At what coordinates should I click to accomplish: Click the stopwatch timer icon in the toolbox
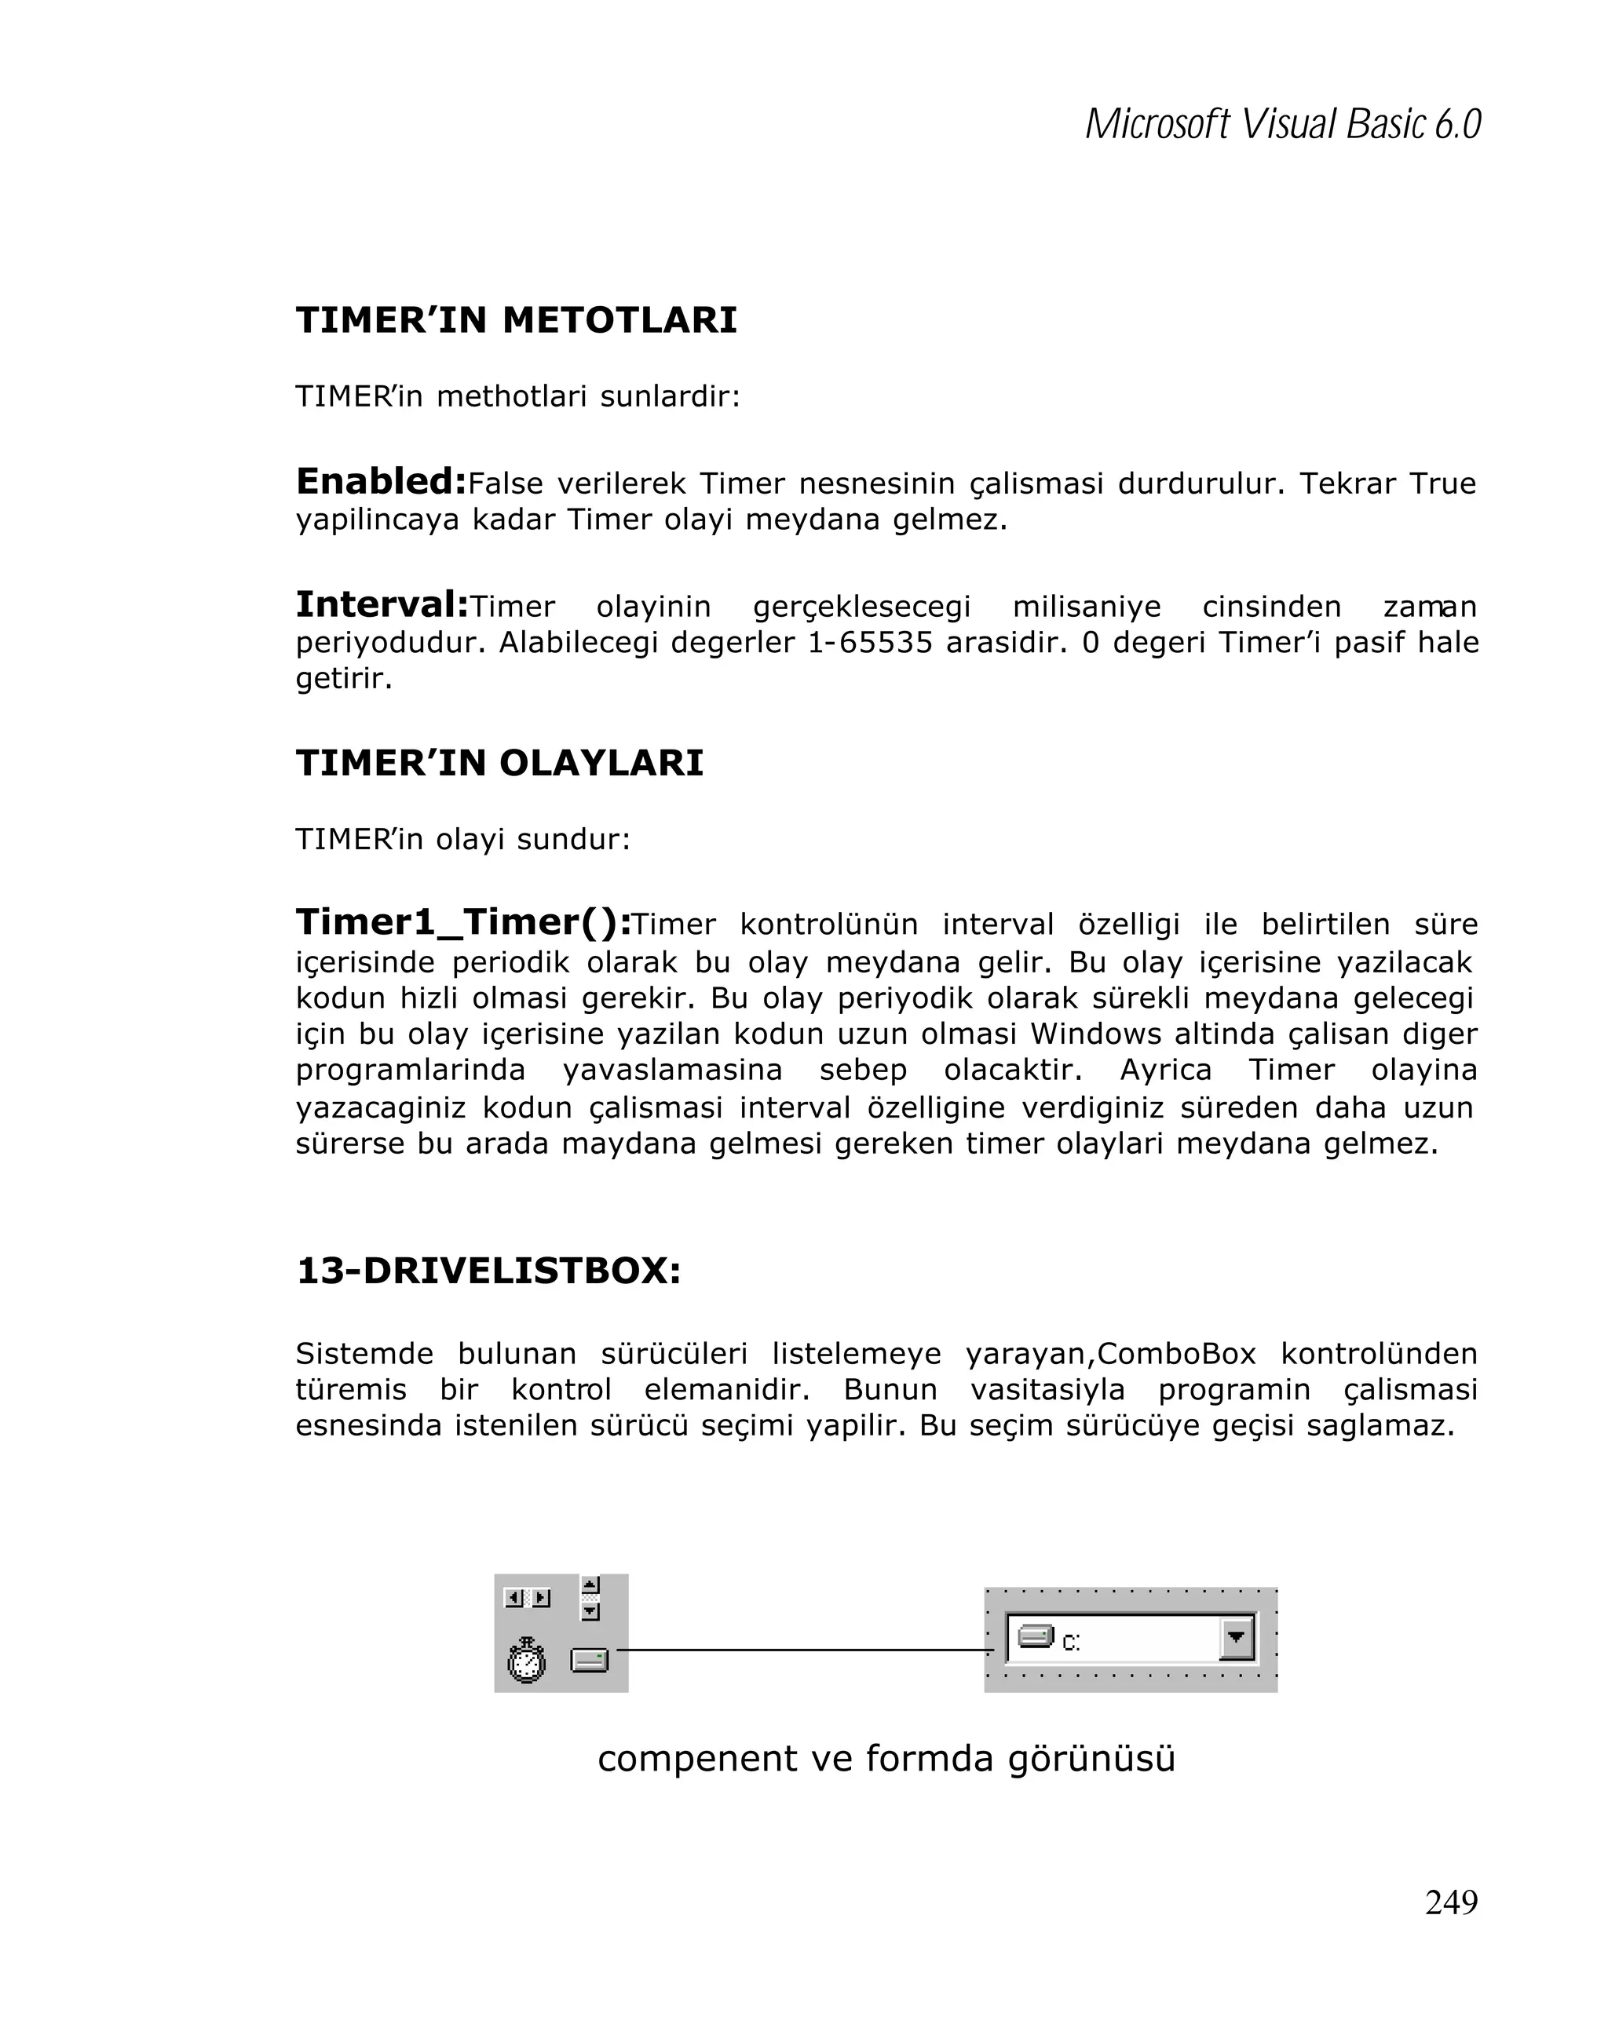click(x=526, y=1659)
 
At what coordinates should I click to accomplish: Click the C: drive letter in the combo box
click(x=1071, y=1643)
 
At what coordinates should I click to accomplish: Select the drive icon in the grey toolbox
click(x=589, y=1660)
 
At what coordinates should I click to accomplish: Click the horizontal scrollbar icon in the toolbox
click(x=527, y=1598)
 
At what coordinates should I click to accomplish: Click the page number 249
click(x=1451, y=1901)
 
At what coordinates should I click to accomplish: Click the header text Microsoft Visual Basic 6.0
click(x=1282, y=124)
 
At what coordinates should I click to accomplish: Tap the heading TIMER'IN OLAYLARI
click(x=499, y=762)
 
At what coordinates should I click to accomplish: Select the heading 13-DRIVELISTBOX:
click(x=488, y=1270)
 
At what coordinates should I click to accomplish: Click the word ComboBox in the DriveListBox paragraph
click(x=1176, y=1354)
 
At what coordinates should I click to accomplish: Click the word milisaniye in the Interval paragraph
click(x=1086, y=607)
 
